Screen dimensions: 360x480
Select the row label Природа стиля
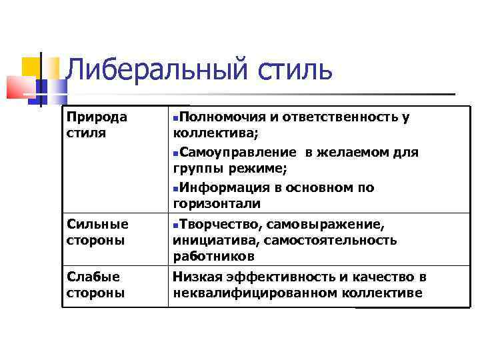click(x=97, y=124)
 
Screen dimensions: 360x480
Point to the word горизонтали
click(x=217, y=203)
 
